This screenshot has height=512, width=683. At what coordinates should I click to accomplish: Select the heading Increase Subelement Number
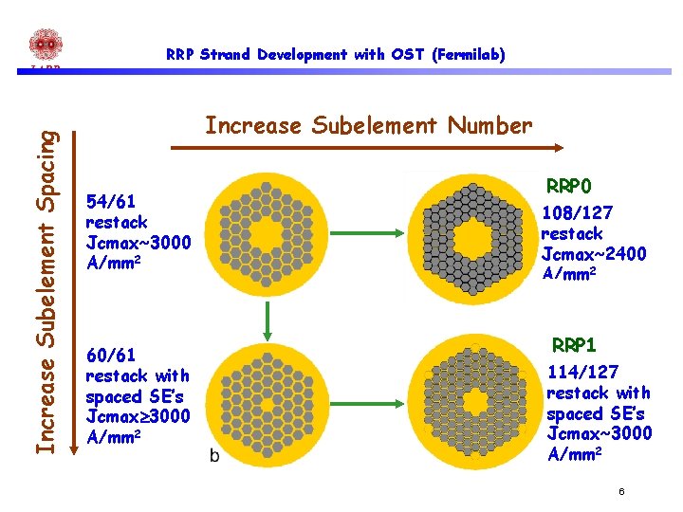click(369, 125)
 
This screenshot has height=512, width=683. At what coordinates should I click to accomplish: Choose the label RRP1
click(574, 345)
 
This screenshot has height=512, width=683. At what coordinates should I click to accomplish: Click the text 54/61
click(110, 202)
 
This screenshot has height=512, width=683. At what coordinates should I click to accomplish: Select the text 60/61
click(110, 356)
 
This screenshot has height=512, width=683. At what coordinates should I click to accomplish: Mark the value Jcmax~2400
click(594, 254)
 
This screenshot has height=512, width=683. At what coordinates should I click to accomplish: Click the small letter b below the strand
click(213, 457)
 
